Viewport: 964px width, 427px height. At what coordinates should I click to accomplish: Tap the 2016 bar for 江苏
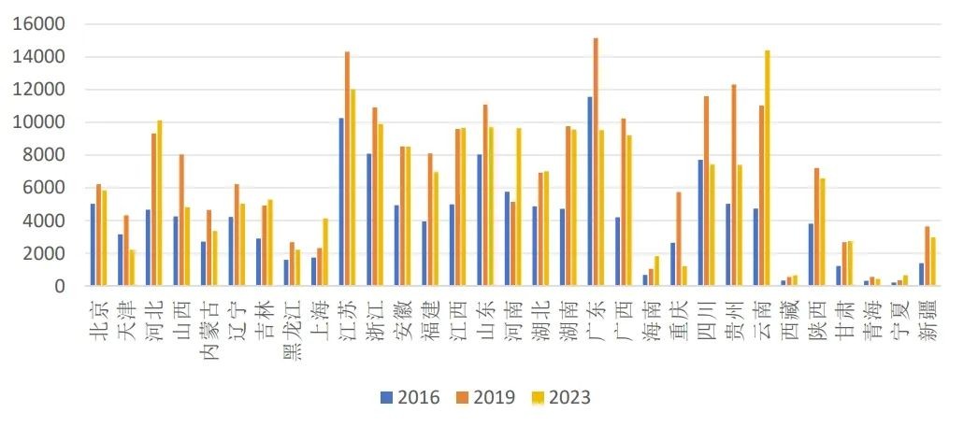click(x=341, y=202)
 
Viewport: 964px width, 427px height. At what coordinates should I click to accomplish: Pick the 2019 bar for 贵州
click(x=734, y=185)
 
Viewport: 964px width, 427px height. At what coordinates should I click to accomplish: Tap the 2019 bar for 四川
click(x=707, y=191)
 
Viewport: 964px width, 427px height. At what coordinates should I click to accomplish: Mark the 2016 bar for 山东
click(x=480, y=220)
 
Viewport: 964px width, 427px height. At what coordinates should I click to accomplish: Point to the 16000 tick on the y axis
click(x=39, y=24)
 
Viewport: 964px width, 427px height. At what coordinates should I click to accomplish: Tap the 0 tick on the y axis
click(x=59, y=286)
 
